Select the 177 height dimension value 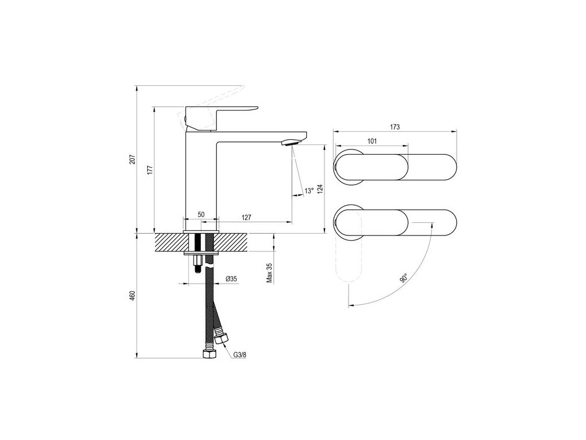[x=149, y=170]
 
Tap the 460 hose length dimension [x=132, y=296]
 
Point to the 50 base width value [x=201, y=214]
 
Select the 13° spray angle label [x=309, y=191]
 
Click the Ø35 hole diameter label [x=232, y=278]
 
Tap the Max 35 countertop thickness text [x=269, y=273]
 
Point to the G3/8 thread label [x=240, y=355]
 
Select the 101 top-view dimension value [x=371, y=140]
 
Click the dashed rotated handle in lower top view [x=349, y=264]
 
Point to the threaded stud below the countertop [x=197, y=261]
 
